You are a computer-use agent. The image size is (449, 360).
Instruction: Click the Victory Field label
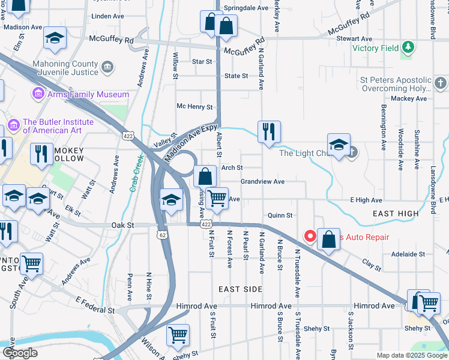[x=375, y=48]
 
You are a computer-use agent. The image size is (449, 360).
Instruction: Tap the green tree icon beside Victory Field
[x=408, y=47]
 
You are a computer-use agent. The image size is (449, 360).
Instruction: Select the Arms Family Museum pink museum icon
[x=38, y=94]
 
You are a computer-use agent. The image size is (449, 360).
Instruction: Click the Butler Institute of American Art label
[x=58, y=126]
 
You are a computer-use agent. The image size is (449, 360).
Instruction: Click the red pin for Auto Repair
[x=310, y=236]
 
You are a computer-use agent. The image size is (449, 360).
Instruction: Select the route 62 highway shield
[x=163, y=235]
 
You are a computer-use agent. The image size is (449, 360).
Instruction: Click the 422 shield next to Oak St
[x=205, y=224]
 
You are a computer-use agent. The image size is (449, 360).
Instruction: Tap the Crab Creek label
[x=135, y=174]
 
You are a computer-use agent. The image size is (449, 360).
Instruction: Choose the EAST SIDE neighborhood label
[x=240, y=289]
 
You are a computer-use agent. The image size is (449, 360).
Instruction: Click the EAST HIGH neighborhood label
[x=396, y=214]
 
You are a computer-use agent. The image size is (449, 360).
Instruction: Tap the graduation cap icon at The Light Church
[x=339, y=145]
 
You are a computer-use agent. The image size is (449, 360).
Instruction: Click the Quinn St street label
[x=280, y=215]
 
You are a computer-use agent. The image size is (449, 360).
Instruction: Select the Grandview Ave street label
[x=262, y=181]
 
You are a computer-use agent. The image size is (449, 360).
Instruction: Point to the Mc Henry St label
[x=194, y=107]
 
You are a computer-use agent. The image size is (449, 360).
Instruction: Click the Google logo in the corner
[x=20, y=353]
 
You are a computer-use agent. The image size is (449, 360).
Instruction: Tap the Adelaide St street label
[x=408, y=254]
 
